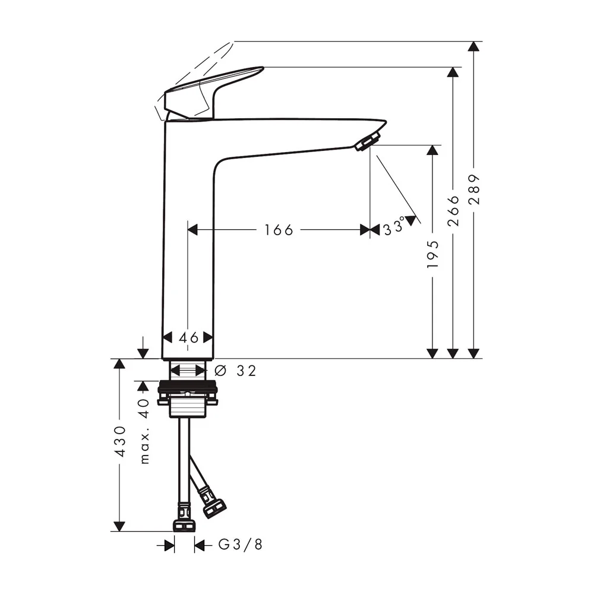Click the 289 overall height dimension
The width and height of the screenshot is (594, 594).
click(474, 189)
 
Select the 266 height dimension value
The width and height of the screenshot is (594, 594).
click(453, 211)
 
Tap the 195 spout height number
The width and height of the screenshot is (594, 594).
click(432, 254)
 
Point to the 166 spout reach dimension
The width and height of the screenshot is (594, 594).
click(279, 230)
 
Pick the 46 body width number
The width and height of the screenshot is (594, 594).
click(189, 337)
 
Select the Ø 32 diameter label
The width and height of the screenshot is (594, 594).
click(235, 371)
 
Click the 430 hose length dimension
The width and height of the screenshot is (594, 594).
click(120, 441)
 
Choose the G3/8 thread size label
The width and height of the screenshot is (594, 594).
click(241, 545)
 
